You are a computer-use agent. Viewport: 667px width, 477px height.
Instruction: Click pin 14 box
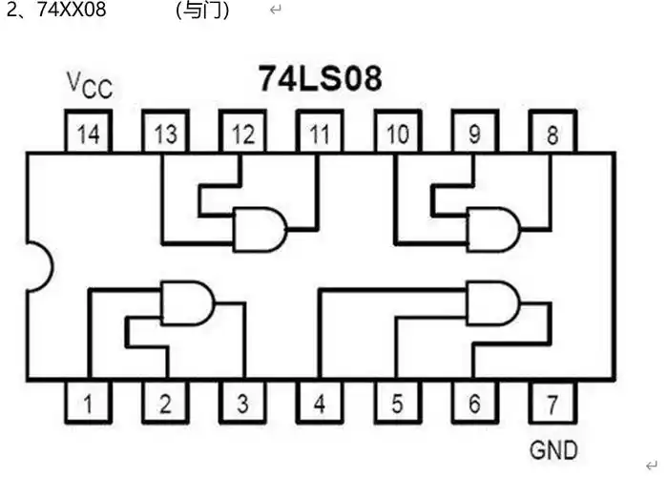(x=88, y=134)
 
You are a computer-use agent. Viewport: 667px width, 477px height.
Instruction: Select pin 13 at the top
(x=165, y=134)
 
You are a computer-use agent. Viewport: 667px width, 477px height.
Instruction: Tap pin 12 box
(x=242, y=134)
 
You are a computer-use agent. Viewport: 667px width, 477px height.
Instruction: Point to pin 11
(x=320, y=134)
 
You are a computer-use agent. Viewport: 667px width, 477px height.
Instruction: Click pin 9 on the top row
(x=474, y=134)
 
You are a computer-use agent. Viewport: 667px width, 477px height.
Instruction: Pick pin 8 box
(x=552, y=134)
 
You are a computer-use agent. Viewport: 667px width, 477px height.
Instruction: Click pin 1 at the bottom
(x=88, y=404)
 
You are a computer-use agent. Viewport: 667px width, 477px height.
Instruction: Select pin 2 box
(x=165, y=404)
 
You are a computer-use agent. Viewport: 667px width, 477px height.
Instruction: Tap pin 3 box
(x=242, y=404)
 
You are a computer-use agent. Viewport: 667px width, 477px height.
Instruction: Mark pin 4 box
(x=320, y=404)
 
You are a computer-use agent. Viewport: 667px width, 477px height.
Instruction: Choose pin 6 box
(x=474, y=404)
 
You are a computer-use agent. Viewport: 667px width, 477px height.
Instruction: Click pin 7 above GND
(x=552, y=404)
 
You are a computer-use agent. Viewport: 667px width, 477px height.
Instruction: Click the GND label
(x=552, y=448)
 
